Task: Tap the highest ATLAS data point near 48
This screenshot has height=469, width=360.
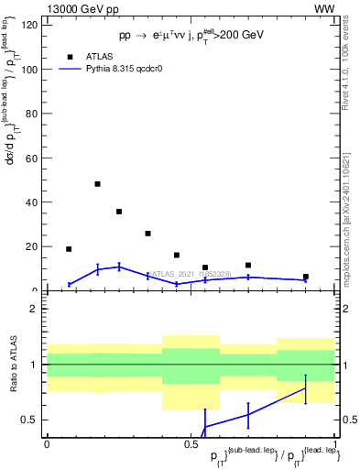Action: point(97,184)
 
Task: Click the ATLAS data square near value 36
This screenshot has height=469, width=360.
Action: point(119,212)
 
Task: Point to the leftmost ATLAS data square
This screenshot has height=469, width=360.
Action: point(69,249)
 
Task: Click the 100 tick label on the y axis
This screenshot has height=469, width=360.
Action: point(31,70)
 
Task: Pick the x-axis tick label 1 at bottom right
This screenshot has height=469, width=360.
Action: point(335,443)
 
